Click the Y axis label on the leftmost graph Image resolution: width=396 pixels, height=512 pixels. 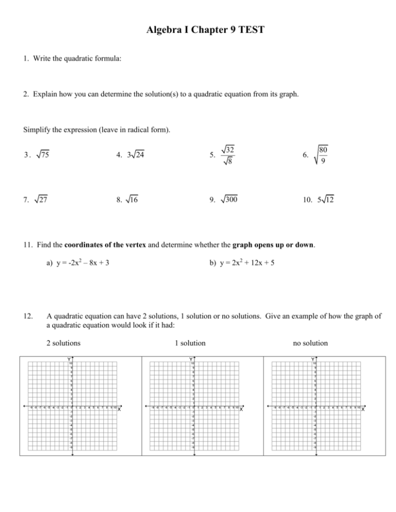click(68, 359)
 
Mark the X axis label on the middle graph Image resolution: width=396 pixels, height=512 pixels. click(241, 409)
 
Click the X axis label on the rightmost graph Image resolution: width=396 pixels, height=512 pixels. click(364, 409)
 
